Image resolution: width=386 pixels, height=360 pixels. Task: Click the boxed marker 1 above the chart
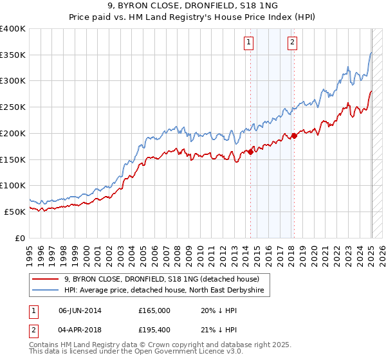248,43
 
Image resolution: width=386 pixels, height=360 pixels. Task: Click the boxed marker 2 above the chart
292,43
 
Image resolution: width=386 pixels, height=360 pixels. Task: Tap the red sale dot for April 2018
294,136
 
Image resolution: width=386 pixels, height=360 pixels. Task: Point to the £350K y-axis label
13,55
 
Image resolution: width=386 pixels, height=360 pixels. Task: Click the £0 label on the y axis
21,238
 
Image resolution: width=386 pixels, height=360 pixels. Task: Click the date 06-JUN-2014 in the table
80,310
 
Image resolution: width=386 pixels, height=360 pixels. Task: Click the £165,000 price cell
154,310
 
